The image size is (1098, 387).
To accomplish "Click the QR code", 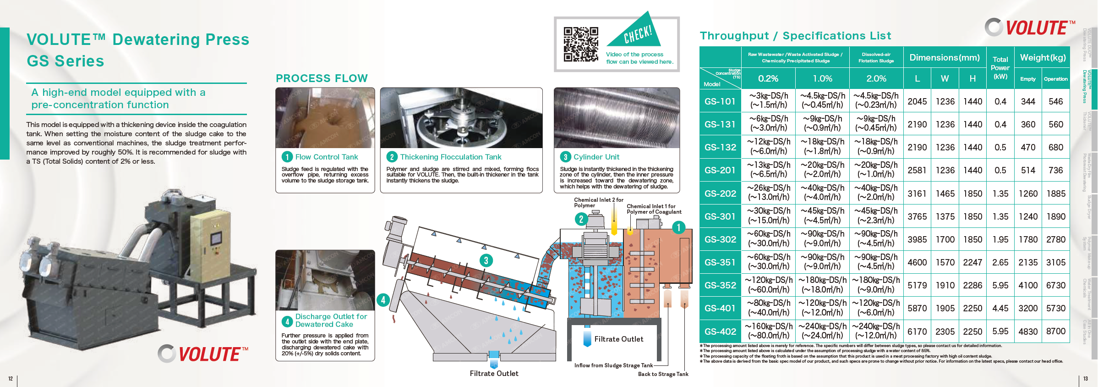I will pyautogui.click(x=581, y=44).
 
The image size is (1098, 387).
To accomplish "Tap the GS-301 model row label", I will pyautogui.click(x=720, y=216).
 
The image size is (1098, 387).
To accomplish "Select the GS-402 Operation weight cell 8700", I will pyautogui.click(x=1055, y=332).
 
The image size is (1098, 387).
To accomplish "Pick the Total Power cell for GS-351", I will pyautogui.click(x=1000, y=262).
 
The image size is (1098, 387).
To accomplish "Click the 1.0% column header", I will pyautogui.click(x=822, y=78).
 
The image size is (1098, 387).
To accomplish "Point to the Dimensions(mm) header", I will pyautogui.click(x=945, y=58).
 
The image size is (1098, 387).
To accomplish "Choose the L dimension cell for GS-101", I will pyautogui.click(x=917, y=101).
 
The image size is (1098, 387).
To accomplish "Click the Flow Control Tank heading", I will pyautogui.click(x=326, y=157).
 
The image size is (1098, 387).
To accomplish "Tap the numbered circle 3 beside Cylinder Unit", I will pyautogui.click(x=565, y=157).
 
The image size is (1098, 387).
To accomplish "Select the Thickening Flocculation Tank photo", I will pyautogui.click(x=461, y=118).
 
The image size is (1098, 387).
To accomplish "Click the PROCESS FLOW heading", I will pyautogui.click(x=322, y=78).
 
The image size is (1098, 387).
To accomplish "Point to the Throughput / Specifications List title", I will pyautogui.click(x=795, y=36).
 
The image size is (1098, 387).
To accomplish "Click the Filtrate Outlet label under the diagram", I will pyautogui.click(x=494, y=374).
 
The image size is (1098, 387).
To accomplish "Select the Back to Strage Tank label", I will pyautogui.click(x=663, y=374).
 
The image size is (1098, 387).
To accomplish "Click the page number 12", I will pyautogui.click(x=11, y=379).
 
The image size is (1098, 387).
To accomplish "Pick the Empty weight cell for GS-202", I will pyautogui.click(x=1028, y=193).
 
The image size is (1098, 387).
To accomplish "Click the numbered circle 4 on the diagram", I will pyautogui.click(x=383, y=300).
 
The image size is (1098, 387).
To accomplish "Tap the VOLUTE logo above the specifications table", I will pyautogui.click(x=1030, y=28).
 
